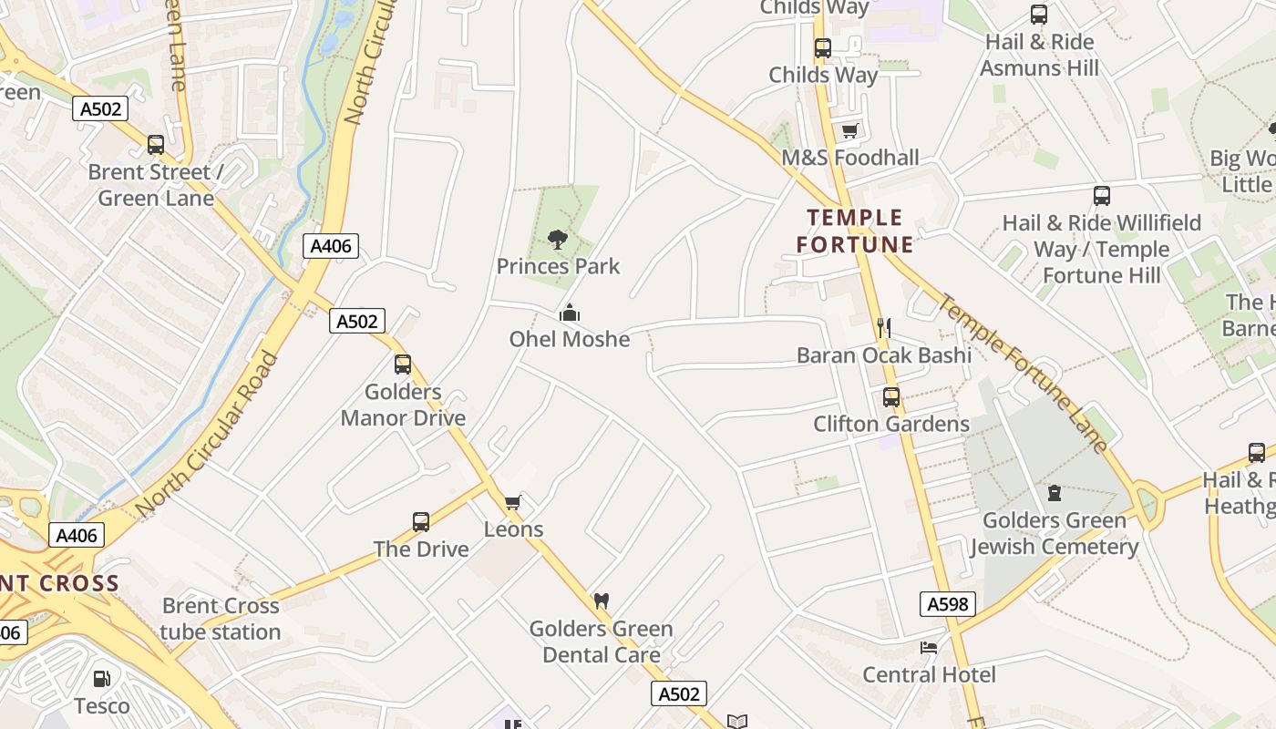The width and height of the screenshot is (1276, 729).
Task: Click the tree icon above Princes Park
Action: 558,240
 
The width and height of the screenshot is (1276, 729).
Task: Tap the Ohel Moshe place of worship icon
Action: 570,313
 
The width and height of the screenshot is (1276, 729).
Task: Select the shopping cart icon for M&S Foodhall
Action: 849,131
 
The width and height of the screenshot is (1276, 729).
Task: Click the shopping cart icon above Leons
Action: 512,502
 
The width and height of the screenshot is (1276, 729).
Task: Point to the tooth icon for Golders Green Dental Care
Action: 601,601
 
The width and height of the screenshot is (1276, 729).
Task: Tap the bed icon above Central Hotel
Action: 928,648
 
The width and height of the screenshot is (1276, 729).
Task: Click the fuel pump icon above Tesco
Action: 101,679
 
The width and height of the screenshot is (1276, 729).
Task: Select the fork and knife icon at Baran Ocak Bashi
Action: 883,328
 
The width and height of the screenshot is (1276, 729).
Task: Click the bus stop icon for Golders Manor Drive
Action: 403,364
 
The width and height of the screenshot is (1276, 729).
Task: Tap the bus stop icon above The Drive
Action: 420,522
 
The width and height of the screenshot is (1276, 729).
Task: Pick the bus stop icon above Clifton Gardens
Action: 890,397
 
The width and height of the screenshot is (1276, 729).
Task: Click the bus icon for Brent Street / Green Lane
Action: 156,145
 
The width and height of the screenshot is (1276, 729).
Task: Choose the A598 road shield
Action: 947,603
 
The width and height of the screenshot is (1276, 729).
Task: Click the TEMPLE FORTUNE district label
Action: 854,231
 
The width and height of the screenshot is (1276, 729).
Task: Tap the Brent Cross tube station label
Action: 221,619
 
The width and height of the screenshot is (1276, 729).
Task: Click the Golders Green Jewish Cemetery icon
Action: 1055,493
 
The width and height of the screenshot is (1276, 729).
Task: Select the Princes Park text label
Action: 558,266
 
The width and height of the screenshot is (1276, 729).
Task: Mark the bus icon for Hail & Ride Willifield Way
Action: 1101,196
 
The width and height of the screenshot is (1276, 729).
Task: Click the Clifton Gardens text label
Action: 891,424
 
